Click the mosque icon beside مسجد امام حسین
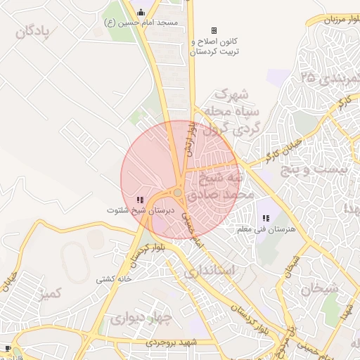141,12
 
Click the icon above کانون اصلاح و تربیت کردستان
214,30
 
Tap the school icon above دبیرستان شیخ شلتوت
141,200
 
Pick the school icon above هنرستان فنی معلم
266,219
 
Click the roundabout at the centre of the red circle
178,193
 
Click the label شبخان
320,288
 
